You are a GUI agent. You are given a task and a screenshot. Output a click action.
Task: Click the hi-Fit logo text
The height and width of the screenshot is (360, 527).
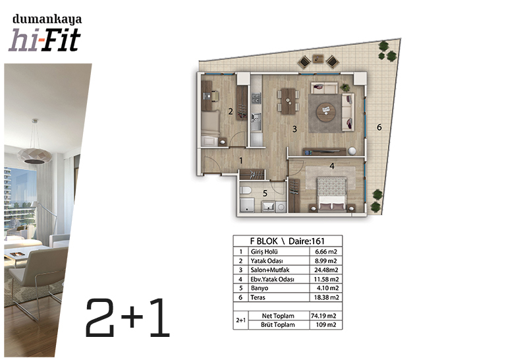[x=45, y=40]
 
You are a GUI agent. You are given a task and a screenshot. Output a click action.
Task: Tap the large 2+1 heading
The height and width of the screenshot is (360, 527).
[x=127, y=318]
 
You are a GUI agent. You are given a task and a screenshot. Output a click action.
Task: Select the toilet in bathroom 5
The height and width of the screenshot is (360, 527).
[x=246, y=190]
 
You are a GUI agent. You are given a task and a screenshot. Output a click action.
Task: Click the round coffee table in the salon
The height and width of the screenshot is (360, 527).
[x=325, y=112]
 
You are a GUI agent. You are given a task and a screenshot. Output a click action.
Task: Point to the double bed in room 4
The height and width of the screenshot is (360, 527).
[x=332, y=195]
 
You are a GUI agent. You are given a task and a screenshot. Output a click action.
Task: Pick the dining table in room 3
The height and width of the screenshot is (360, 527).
[x=288, y=101]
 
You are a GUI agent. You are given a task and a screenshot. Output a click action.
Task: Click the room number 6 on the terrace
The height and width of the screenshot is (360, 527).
[x=379, y=127]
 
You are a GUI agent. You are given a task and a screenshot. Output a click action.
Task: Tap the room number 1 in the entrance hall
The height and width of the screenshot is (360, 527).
[x=240, y=161]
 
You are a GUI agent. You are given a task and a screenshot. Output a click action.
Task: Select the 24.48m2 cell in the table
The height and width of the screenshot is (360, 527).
[x=326, y=270]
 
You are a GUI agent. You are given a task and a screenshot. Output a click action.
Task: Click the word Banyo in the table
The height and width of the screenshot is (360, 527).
[x=259, y=288]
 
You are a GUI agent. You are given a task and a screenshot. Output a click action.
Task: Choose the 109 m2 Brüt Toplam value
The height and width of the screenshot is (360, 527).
[x=326, y=324]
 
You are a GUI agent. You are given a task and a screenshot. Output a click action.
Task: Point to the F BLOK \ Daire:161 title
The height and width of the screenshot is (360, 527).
[x=287, y=241]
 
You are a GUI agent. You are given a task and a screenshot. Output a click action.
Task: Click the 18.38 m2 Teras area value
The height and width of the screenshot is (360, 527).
[x=326, y=297]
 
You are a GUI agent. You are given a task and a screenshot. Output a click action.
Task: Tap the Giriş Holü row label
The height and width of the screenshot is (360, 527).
[x=264, y=252]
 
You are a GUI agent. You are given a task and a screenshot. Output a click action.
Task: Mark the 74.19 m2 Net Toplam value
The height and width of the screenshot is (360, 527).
[x=323, y=316]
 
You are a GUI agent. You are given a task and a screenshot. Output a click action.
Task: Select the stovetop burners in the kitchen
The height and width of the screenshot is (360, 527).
[x=256, y=98]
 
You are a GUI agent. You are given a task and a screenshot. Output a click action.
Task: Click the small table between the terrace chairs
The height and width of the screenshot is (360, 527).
[x=318, y=59]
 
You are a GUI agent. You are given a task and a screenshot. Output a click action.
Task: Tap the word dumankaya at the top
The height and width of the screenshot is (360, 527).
[x=47, y=20]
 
